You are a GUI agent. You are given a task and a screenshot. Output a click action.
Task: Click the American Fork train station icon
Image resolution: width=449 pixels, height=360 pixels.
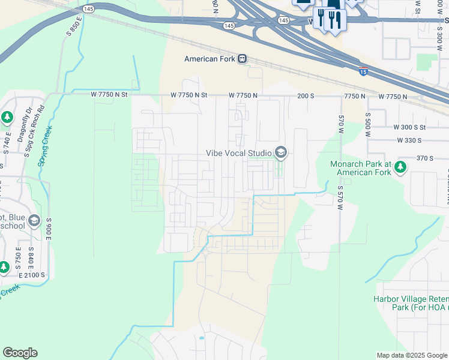click(242, 59)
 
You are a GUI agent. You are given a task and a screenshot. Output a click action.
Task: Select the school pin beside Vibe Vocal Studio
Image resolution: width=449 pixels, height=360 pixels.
click(280, 153)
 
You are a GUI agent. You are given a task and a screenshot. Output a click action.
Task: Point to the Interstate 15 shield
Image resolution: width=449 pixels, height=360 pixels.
click(363, 71)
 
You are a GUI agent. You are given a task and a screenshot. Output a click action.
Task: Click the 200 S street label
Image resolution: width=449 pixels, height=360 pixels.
click(306, 96)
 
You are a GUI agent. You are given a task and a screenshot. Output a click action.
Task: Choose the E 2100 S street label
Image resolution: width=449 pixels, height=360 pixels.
click(31, 274)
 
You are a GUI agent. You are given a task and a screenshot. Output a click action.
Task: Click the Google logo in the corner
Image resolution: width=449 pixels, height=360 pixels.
click(20, 353)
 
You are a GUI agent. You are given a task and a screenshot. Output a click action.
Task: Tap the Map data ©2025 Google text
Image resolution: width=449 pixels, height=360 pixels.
click(412, 356)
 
